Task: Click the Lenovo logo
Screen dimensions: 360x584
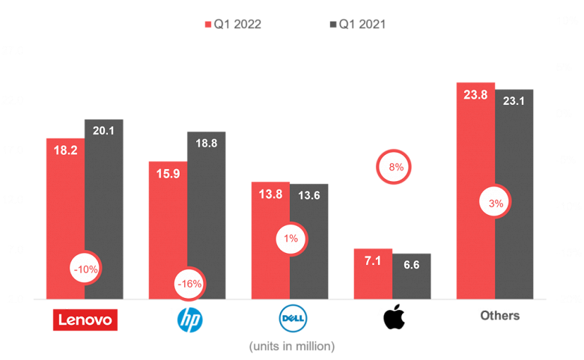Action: [85, 320]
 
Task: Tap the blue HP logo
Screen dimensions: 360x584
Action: [189, 322]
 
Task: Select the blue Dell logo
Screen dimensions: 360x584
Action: [291, 321]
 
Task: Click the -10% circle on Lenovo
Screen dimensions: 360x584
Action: [85, 268]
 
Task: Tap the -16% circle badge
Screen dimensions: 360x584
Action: [188, 284]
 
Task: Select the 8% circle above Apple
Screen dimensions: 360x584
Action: [395, 168]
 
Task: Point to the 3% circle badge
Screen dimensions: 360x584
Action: [496, 203]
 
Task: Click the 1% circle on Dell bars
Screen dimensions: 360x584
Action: [291, 239]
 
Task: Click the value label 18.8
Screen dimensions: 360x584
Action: [206, 144]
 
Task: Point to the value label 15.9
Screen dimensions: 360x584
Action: [168, 174]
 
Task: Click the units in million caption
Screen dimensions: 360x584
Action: [291, 347]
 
